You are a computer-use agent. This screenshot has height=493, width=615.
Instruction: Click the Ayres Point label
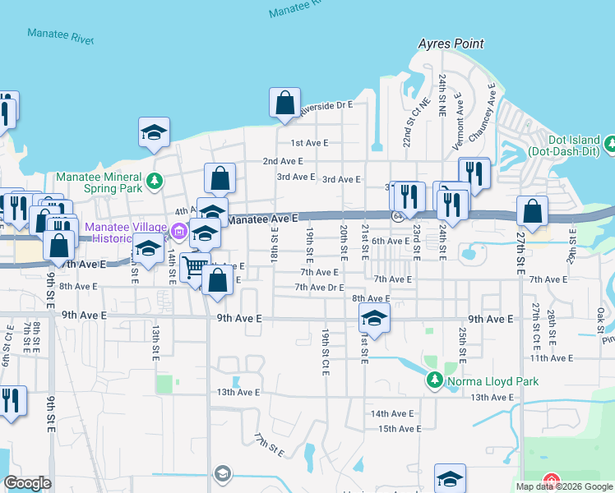click(451, 44)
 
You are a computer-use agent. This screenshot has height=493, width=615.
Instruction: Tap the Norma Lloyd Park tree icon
click(435, 380)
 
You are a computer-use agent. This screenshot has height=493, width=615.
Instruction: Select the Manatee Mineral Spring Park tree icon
click(153, 180)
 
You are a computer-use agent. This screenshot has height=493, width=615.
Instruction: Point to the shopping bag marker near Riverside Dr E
click(284, 103)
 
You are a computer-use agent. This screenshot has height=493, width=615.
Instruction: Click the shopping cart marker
click(195, 267)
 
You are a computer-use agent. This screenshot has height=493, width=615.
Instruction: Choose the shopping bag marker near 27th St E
click(532, 210)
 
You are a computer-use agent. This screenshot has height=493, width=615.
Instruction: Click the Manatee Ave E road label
click(261, 219)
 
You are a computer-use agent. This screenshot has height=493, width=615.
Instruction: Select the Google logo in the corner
click(27, 483)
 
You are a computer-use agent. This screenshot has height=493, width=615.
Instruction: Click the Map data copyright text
click(564, 486)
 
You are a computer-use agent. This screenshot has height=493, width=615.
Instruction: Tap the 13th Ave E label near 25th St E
click(491, 397)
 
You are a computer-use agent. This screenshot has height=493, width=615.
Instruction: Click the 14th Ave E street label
click(390, 413)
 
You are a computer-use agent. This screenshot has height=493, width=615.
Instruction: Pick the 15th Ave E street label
click(399, 429)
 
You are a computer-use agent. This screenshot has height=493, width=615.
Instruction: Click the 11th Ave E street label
click(551, 358)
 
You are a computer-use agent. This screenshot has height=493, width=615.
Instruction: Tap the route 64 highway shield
click(397, 216)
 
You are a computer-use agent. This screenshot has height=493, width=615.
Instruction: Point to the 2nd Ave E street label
click(282, 161)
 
